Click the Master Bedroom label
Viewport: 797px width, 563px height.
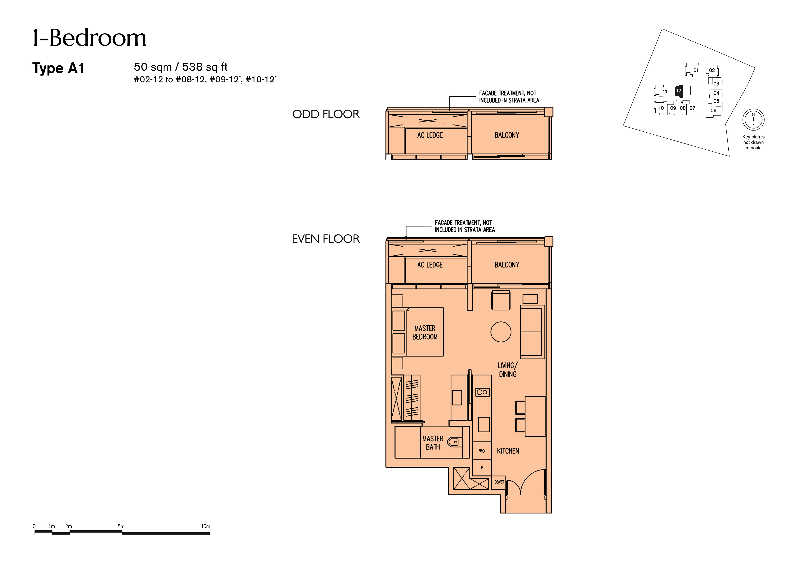[425, 332]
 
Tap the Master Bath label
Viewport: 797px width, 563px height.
[433, 443]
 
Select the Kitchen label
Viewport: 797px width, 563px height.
[508, 451]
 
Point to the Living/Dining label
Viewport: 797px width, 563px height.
[508, 370]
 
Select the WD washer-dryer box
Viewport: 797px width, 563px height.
[482, 451]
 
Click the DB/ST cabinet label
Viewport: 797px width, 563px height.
[499, 482]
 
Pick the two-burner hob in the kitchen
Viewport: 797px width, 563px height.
[482, 392]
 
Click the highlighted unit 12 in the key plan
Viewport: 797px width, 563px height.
[679, 91]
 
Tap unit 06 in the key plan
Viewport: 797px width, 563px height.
[713, 111]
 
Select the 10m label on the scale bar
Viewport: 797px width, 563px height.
[206, 526]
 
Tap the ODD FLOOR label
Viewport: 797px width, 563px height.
[326, 114]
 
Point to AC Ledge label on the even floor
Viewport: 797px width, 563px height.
[430, 265]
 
